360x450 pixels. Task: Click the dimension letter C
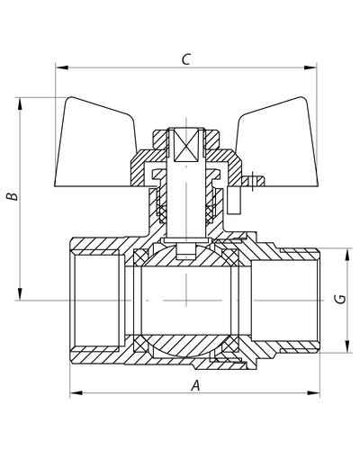click(x=186, y=59)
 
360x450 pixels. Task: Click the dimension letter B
click(x=13, y=196)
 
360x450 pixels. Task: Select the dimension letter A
click(x=195, y=385)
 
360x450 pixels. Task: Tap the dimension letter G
click(x=341, y=299)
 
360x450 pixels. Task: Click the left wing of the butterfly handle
click(x=96, y=144)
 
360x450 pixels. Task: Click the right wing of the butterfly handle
click(x=277, y=144)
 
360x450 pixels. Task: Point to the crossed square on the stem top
click(x=186, y=145)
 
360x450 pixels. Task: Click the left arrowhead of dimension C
click(x=62, y=67)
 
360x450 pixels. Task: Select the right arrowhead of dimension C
click(x=310, y=67)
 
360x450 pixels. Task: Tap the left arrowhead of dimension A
click(x=76, y=392)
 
